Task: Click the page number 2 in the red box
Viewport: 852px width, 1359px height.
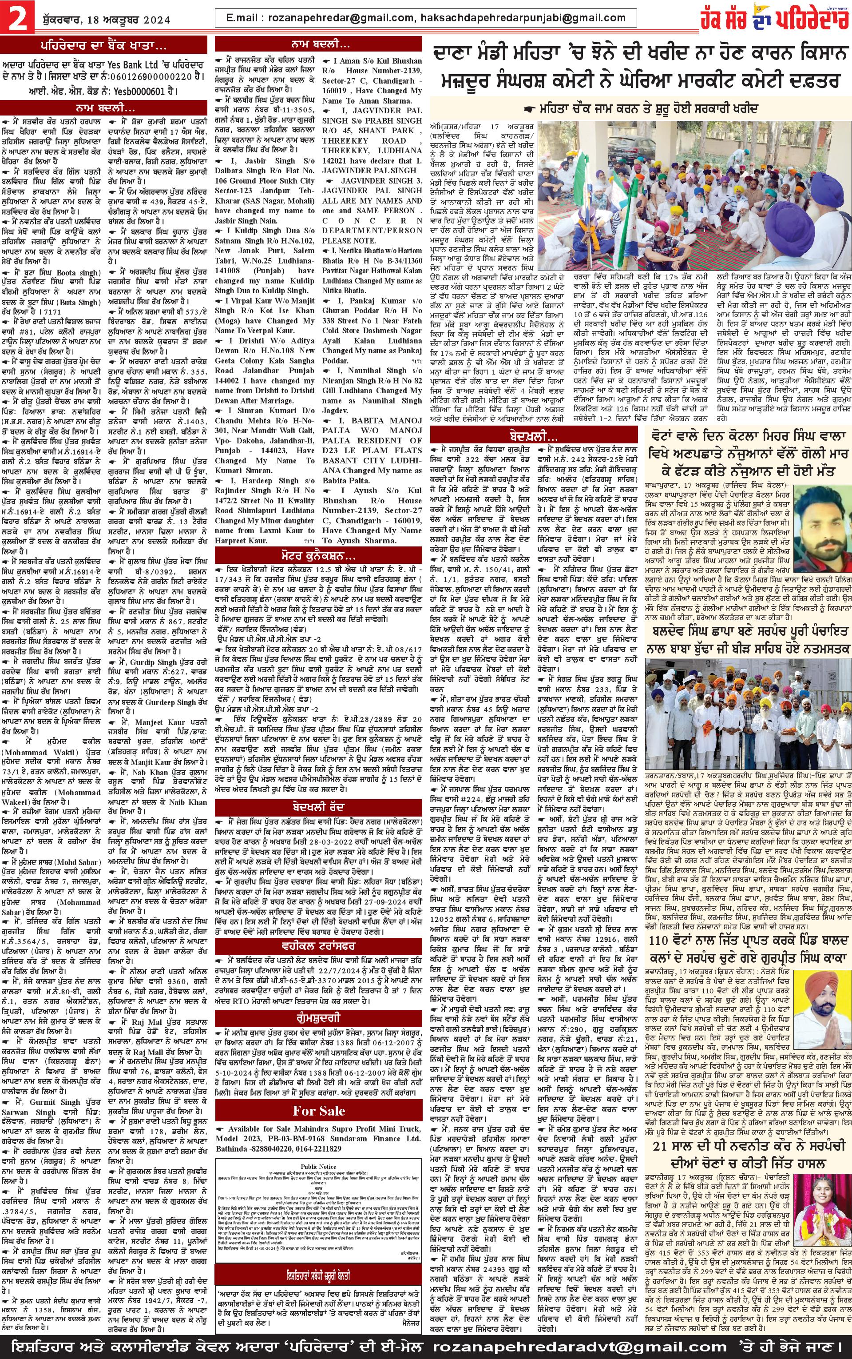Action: point(17,19)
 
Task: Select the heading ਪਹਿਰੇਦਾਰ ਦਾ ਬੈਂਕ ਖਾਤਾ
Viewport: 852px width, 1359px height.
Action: point(103,46)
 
